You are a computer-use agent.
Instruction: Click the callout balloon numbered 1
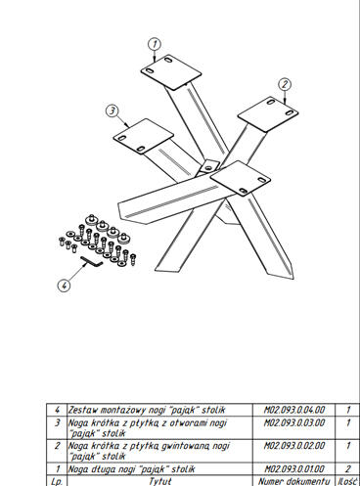pyautogui.click(x=155, y=44)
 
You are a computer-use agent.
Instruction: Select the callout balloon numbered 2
pyautogui.click(x=285, y=85)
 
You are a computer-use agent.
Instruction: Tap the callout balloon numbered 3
pyautogui.click(x=112, y=110)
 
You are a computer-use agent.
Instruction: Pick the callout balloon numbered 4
pyautogui.click(x=64, y=286)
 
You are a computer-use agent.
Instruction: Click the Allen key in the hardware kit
pyautogui.click(x=92, y=261)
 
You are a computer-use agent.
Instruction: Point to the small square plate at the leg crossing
pyautogui.click(x=209, y=166)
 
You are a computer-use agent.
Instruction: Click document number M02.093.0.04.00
pyautogui.click(x=294, y=410)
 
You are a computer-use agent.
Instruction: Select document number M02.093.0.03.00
pyautogui.click(x=294, y=422)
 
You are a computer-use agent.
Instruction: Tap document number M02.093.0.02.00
pyautogui.click(x=294, y=445)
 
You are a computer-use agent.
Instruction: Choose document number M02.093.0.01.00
pyautogui.click(x=294, y=469)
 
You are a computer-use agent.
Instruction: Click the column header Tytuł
pyautogui.click(x=159, y=481)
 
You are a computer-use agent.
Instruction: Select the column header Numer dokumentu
pyautogui.click(x=293, y=481)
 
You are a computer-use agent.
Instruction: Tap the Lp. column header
pyautogui.click(x=57, y=481)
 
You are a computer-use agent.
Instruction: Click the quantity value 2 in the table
pyautogui.click(x=348, y=469)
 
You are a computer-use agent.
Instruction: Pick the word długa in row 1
pyautogui.click(x=97, y=469)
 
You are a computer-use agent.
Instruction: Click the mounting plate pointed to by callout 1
pyautogui.click(x=171, y=72)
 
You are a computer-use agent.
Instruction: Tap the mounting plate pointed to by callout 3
pyautogui.click(x=143, y=136)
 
